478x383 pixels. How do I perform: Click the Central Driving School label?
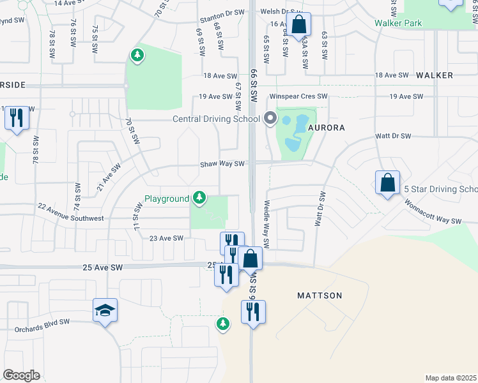coord(215,119)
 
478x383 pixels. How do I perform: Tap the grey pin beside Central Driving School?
coord(270,118)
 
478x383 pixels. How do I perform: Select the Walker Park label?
coord(399,24)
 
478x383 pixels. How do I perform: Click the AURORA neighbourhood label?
coord(327,128)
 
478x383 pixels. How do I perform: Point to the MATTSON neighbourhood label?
coord(320,296)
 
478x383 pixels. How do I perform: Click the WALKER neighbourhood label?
coord(435,75)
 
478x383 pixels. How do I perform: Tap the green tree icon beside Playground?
coord(200,198)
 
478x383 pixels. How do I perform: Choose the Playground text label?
coord(166,199)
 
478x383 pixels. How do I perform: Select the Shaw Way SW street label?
coord(222,164)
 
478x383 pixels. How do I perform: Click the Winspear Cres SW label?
coord(298,96)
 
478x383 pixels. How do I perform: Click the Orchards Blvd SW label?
coord(42,322)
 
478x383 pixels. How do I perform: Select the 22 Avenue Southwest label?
coord(70,213)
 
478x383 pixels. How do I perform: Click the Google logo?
coord(21,375)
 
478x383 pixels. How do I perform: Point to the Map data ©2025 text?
coord(451,378)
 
